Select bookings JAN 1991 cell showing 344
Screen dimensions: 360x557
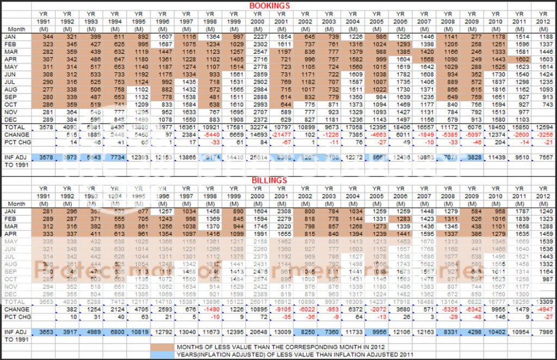[42, 35]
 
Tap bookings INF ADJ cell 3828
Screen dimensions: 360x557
[473, 157]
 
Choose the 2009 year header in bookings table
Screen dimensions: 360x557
[472, 14]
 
